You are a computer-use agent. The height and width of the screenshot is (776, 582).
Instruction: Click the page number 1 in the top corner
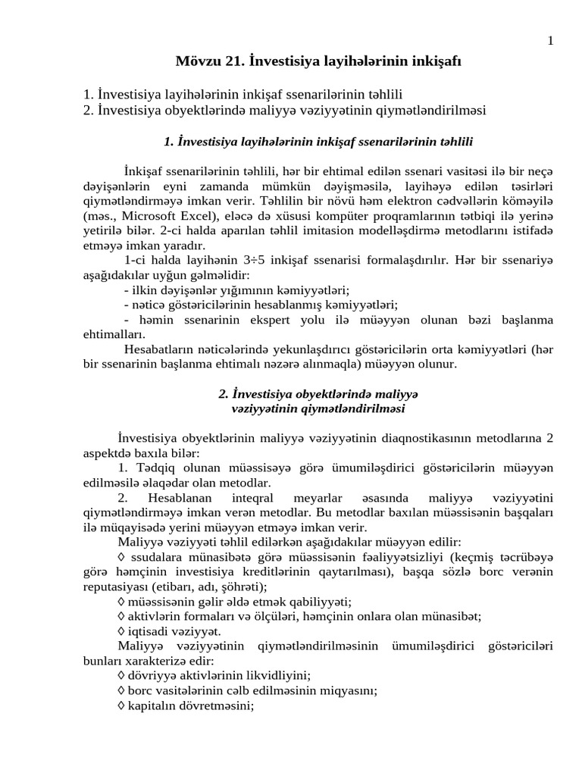click(x=550, y=41)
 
